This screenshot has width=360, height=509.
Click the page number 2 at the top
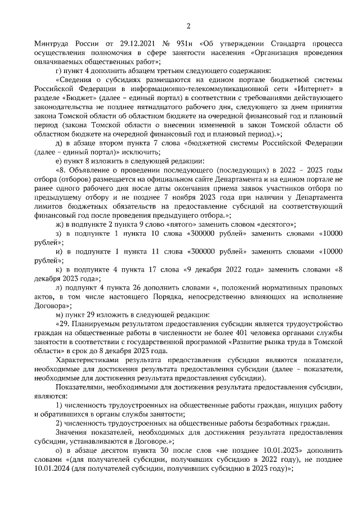click(x=188, y=26)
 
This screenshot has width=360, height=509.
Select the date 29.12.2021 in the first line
click(x=135, y=44)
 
